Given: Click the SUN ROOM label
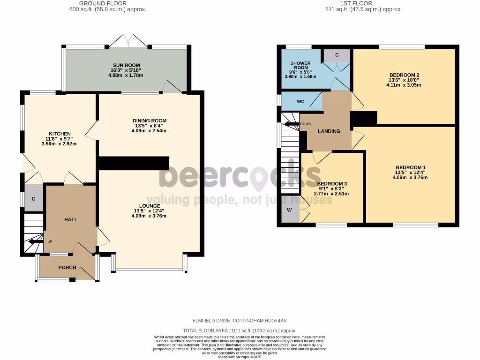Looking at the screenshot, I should pos(126,65).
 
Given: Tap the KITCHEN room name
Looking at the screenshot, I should pos(60,134).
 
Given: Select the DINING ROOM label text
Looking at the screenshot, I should pos(150,120).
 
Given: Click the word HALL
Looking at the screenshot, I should pos(71,219).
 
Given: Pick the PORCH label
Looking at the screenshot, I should pos(67,268).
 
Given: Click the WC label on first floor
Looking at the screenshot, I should pos(300,102).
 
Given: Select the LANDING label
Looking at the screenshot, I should pos(329,131).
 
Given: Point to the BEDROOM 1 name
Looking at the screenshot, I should pos(410,167).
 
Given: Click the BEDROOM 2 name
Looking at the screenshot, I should pos(404,75).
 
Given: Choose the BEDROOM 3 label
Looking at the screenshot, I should pos(332,184).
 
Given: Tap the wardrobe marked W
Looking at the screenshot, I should pos(289,210).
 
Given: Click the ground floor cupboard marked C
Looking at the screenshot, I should pos(33,199).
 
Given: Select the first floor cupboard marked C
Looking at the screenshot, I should pos(337,55).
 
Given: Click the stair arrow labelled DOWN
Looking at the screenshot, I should pos(293,124).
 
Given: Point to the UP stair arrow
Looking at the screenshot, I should pos(35,242).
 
